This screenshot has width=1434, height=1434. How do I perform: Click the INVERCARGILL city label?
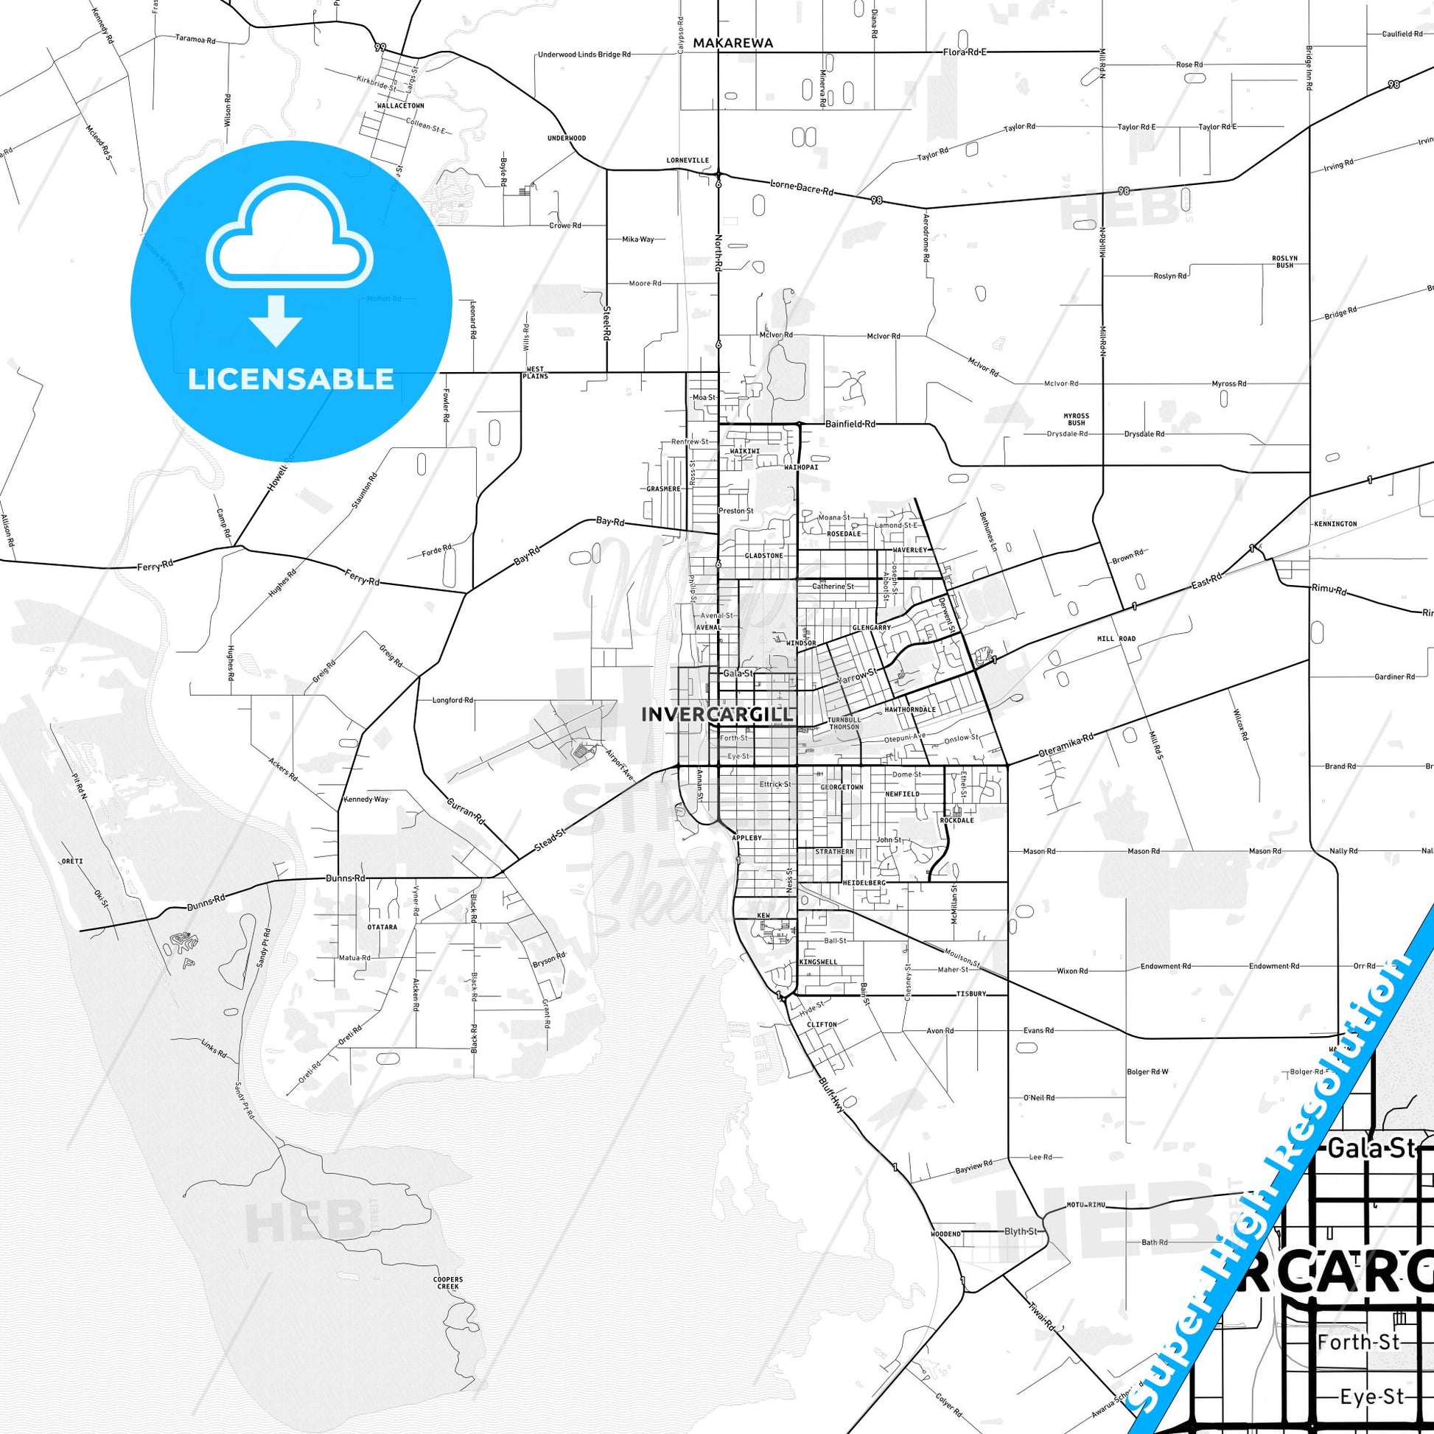click(716, 715)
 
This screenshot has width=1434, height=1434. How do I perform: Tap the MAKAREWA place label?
click(732, 43)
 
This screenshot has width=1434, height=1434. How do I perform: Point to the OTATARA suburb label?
click(382, 927)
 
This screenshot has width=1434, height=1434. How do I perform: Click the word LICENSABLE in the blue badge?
click(291, 380)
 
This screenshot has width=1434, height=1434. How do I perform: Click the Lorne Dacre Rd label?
click(802, 187)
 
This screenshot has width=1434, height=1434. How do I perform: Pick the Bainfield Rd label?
click(850, 424)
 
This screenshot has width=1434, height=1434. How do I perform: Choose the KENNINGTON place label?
click(1335, 524)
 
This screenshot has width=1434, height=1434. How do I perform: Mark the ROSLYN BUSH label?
click(1284, 262)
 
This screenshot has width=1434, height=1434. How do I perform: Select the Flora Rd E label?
click(965, 52)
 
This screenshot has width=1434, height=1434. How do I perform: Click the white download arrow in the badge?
click(276, 320)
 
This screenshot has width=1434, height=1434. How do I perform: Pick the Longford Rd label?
click(452, 700)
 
